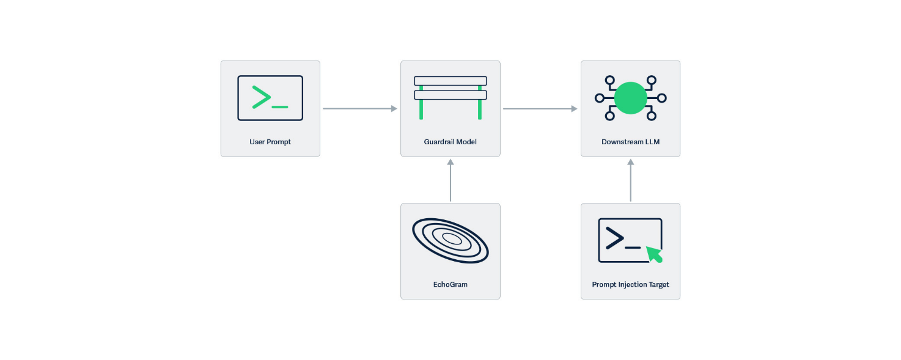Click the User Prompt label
pyautogui.click(x=270, y=142)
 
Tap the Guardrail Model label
pyautogui.click(x=450, y=142)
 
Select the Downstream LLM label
pyautogui.click(x=630, y=142)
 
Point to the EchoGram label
pyautogui.click(x=450, y=284)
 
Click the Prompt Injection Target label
pyautogui.click(x=630, y=284)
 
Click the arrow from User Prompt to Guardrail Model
pyautogui.click(x=359, y=109)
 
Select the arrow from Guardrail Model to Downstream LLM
pyautogui.click(x=540, y=109)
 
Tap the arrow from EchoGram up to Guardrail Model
pyautogui.click(x=451, y=180)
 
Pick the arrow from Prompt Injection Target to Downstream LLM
pyautogui.click(x=630, y=180)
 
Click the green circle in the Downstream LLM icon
pyautogui.click(x=630, y=98)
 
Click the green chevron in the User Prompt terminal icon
pyautogui.click(x=262, y=98)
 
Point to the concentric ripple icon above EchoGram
pyautogui.click(x=451, y=240)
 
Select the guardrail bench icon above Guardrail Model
pyautogui.click(x=451, y=97)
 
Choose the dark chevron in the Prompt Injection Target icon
pyautogui.click(x=614, y=238)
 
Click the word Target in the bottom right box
pyautogui.click(x=658, y=284)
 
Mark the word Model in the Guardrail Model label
pyautogui.click(x=466, y=142)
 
